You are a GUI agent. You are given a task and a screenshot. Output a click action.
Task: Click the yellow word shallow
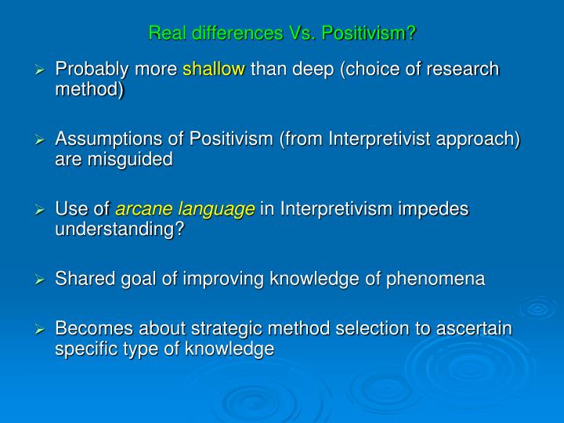(214, 70)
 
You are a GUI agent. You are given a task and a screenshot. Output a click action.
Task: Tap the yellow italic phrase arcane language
(186, 209)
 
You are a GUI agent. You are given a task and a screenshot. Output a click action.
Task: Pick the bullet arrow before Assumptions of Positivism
(42, 139)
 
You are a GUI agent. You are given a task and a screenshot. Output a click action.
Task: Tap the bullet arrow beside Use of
(42, 209)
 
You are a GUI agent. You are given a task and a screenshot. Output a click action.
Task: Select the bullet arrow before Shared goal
(42, 280)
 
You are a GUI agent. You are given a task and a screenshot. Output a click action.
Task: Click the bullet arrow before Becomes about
(42, 329)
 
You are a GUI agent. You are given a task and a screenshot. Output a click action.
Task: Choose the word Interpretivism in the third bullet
(334, 209)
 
